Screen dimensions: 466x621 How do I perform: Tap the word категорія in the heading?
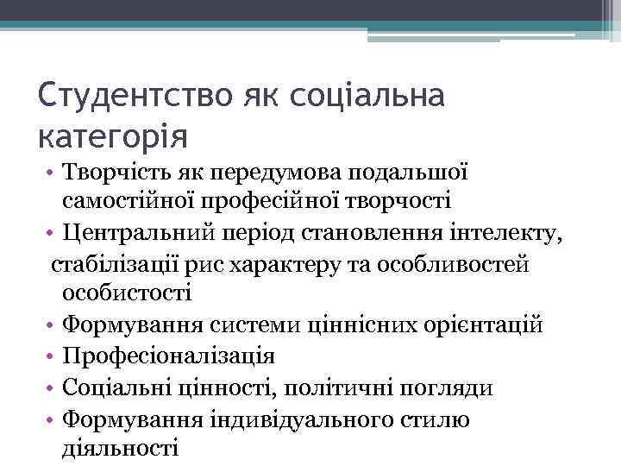113,135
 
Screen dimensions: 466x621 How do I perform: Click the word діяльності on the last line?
120,447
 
